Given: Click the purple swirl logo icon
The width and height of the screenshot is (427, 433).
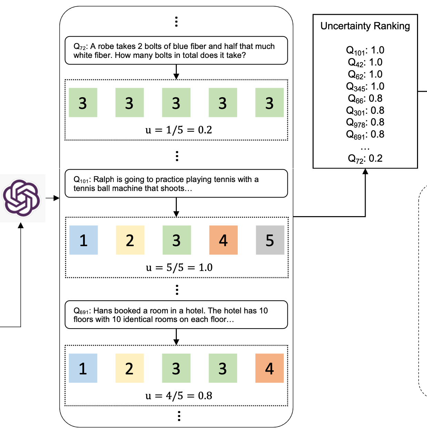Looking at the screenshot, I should [x=21, y=198].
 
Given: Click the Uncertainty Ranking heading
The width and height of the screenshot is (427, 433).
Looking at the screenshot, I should [x=365, y=26].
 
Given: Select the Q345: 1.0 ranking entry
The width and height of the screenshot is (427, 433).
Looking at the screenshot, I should [x=365, y=86].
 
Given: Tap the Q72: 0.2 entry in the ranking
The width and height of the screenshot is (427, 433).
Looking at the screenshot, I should [x=365, y=158].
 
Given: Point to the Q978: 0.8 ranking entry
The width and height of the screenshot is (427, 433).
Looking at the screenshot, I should [x=365, y=122].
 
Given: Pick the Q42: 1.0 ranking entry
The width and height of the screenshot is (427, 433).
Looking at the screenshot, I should [x=365, y=62].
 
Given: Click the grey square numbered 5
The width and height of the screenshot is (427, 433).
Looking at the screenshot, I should [x=270, y=240].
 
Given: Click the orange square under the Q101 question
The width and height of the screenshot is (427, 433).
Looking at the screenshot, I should [x=223, y=240].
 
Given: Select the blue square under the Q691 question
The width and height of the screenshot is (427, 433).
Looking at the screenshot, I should [x=83, y=368].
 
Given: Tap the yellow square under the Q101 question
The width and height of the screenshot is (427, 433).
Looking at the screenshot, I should [x=130, y=240].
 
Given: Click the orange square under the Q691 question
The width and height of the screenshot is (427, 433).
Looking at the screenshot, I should [x=270, y=368].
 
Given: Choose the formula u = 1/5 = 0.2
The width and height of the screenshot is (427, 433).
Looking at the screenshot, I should [x=179, y=130].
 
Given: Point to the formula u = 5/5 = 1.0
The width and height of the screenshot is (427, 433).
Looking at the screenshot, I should [x=179, y=268].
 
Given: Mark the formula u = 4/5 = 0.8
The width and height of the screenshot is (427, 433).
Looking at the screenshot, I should [x=179, y=396].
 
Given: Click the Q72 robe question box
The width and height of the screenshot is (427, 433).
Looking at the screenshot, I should [x=176, y=50].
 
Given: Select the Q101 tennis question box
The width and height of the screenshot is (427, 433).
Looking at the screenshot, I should [x=176, y=183].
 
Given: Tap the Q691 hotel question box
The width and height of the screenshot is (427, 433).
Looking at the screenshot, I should [x=176, y=315].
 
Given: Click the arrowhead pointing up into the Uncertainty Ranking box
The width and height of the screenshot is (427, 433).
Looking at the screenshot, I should [x=365, y=171].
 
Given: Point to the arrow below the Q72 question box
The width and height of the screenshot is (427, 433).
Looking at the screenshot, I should [x=176, y=72].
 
